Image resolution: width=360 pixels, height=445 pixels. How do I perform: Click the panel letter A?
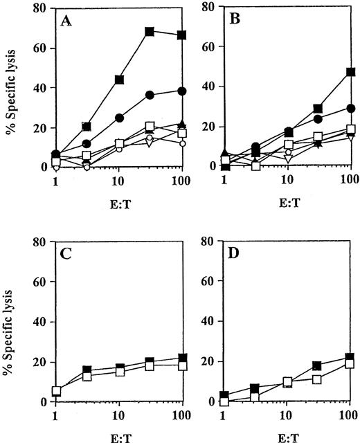(x=65, y=22)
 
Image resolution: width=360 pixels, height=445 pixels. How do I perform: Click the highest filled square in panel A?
(x=149, y=32)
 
